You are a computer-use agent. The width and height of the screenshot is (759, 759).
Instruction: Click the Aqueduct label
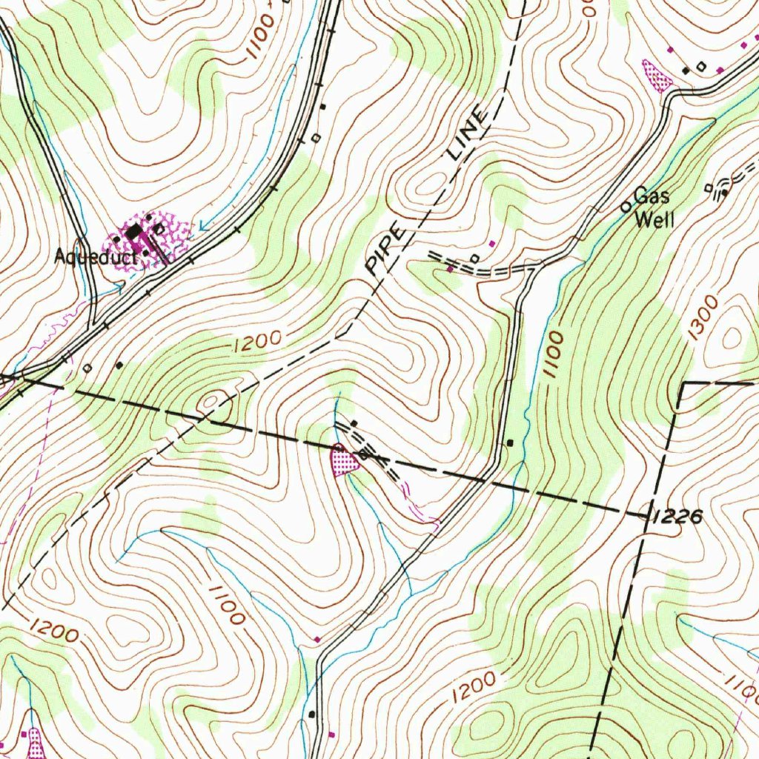coord(96,258)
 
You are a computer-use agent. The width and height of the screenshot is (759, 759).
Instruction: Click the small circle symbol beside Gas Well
coord(626,206)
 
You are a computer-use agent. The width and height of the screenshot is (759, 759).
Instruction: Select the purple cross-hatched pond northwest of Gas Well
coord(656,76)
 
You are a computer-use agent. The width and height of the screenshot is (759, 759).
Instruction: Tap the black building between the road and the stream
coord(510,443)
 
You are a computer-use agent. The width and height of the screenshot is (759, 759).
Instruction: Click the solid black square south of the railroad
coord(119,365)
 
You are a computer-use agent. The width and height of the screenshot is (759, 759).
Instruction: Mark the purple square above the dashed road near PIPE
coord(491,243)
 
